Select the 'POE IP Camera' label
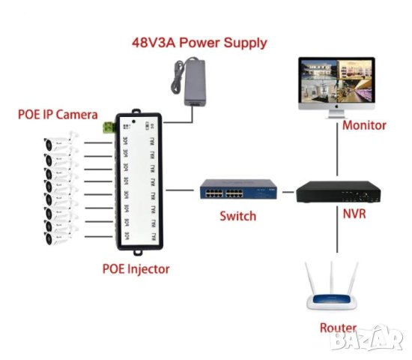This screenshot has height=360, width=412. (x=58, y=115)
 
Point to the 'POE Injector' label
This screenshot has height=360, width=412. (x=136, y=268)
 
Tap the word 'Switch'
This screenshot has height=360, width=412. (x=238, y=216)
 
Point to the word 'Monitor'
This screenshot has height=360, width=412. (x=364, y=125)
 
